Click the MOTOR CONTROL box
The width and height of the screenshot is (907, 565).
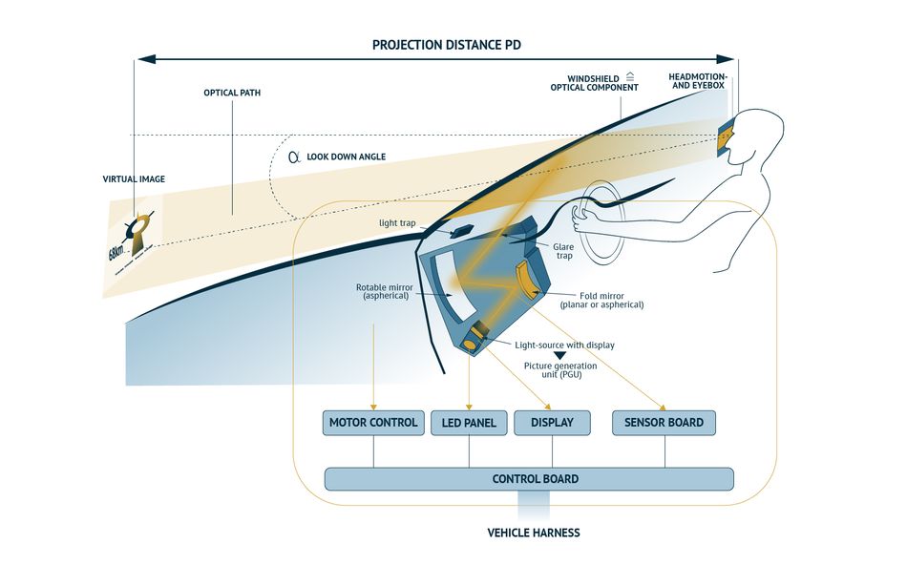[x=373, y=423]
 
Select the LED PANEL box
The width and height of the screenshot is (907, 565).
[x=469, y=423]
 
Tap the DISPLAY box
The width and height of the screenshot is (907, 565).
[x=551, y=423]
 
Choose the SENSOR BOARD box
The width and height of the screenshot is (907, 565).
[x=664, y=423]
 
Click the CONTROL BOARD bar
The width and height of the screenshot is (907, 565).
[x=529, y=478]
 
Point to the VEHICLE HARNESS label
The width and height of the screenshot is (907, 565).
[x=533, y=533]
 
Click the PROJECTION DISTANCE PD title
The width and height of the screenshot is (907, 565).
[x=446, y=45]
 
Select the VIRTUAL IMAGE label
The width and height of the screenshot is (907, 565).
[x=134, y=178]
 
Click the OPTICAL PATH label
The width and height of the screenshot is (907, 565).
[x=232, y=94]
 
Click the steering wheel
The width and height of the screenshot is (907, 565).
[x=599, y=221]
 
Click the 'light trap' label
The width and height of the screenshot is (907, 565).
[x=399, y=223]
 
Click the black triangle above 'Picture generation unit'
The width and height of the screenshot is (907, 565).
[x=560, y=354]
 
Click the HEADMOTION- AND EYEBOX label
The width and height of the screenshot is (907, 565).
[x=697, y=79]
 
